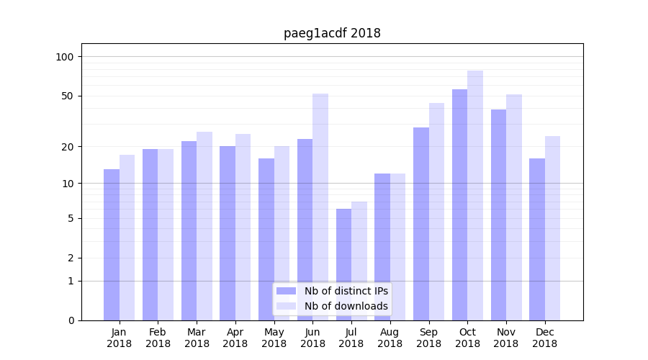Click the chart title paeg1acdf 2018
[x=332, y=33]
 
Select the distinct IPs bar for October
[x=459, y=204]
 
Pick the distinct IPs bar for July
[x=343, y=264]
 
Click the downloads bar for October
[x=475, y=195]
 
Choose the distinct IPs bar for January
[x=112, y=245]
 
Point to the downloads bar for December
[x=552, y=228]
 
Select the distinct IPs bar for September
[x=421, y=224]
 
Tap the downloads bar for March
[x=204, y=226]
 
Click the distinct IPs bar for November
[x=498, y=215]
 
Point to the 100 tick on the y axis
[x=65, y=57]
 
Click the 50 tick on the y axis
[x=68, y=96]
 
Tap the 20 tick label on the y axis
[x=68, y=147]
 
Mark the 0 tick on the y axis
[x=71, y=320]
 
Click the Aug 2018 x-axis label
[x=390, y=338]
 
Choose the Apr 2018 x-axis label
[x=235, y=338]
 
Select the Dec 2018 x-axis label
[x=544, y=338]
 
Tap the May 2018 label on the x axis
[x=274, y=338]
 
